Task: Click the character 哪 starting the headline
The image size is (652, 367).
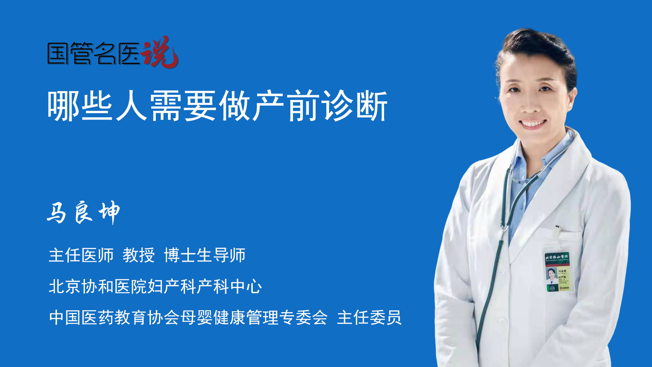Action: (64, 106)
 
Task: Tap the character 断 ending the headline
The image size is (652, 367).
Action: (372, 106)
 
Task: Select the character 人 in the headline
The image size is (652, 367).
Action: (131, 106)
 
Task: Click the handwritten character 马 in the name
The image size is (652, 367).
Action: (56, 213)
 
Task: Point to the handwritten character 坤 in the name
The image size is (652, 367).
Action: (109, 212)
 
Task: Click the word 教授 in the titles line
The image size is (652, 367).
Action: (139, 255)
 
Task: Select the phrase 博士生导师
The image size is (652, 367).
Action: (205, 255)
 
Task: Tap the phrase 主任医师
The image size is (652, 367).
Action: (81, 255)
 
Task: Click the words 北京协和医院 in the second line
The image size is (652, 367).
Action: (97, 286)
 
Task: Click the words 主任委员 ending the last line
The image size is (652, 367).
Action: (369, 318)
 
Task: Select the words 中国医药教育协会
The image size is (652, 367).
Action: (114, 318)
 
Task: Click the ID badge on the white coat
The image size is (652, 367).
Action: (558, 272)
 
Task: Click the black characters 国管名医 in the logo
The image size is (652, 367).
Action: (93, 53)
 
